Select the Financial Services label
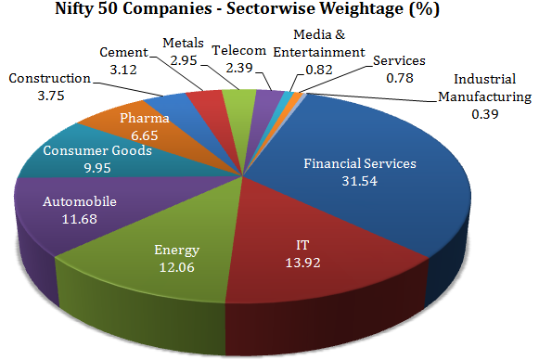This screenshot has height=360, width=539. point(361,163)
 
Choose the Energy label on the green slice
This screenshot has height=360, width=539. point(176,251)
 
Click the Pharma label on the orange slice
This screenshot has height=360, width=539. point(144,119)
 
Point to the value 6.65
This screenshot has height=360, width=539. point(144,135)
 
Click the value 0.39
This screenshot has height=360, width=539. point(484,113)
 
